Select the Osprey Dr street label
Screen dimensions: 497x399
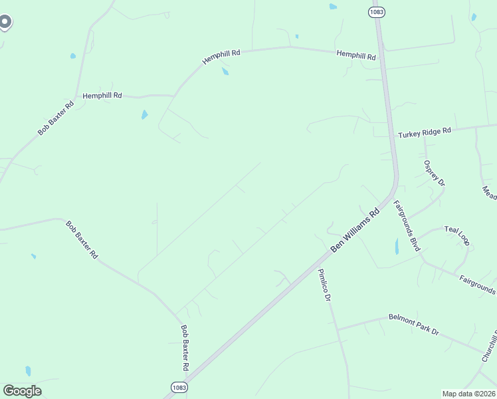click(435, 173)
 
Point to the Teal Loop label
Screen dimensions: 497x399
click(457, 235)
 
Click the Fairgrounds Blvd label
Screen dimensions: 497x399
click(407, 226)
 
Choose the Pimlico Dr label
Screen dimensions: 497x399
click(324, 285)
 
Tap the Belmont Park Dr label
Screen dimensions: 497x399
click(414, 325)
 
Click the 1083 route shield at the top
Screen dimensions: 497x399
click(377, 11)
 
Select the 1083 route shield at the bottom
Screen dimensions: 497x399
click(179, 387)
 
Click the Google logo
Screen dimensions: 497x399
click(23, 391)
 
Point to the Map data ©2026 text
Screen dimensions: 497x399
click(468, 394)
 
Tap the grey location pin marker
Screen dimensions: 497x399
click(5, 22)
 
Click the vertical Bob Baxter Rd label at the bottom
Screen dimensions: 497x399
click(185, 348)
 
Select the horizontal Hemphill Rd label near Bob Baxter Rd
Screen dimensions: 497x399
click(102, 96)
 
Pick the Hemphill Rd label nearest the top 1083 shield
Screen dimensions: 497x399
click(356, 55)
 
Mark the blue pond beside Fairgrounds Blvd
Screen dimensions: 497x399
click(397, 247)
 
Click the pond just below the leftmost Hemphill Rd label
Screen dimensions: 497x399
click(144, 115)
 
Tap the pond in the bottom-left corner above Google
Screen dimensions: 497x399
click(28, 370)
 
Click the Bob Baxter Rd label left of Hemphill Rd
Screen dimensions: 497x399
click(56, 118)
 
